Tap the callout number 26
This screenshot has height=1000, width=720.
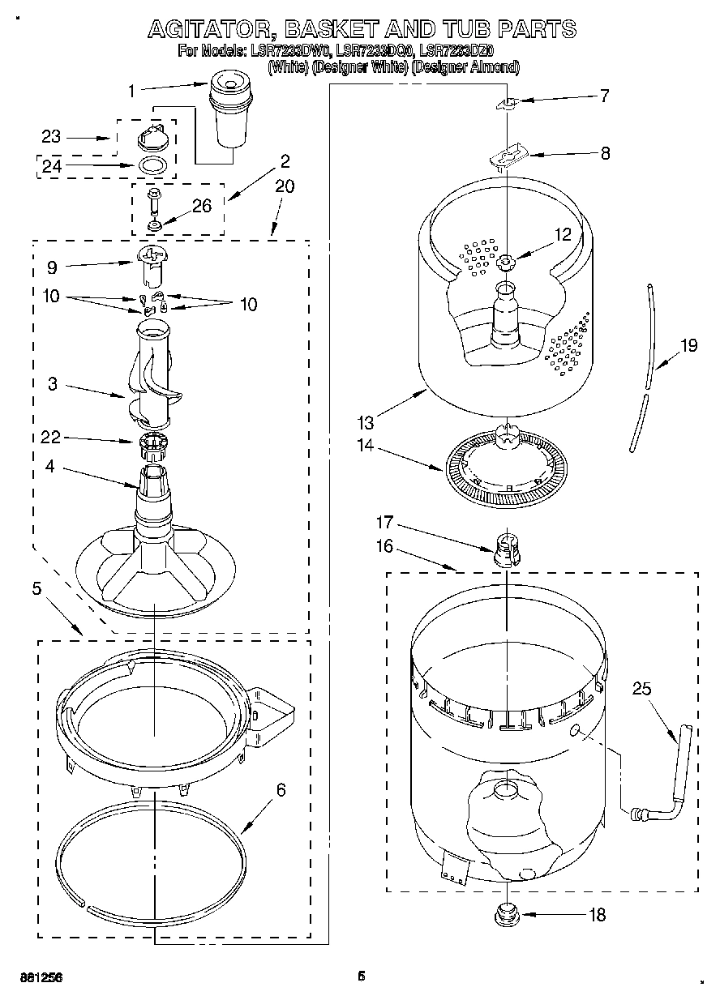pyautogui.click(x=201, y=206)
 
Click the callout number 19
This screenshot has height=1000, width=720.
pyautogui.click(x=688, y=346)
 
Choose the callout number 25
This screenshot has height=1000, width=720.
pyautogui.click(x=642, y=689)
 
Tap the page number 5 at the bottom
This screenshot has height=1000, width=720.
pyautogui.click(x=362, y=976)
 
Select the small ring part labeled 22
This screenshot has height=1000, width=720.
pyautogui.click(x=152, y=443)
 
